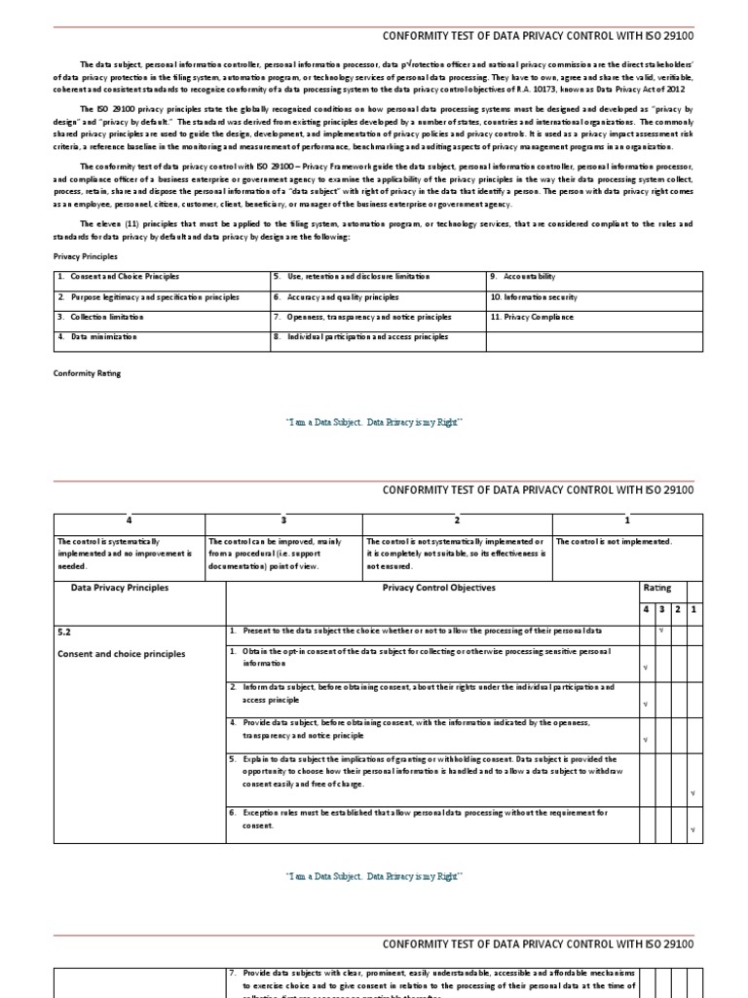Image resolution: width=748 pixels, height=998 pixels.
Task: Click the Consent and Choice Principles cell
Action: click(118, 277)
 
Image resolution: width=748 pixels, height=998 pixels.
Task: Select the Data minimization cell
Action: click(97, 337)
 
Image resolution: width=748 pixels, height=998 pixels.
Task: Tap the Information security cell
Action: click(534, 297)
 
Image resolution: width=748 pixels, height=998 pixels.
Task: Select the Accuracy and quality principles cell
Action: click(336, 297)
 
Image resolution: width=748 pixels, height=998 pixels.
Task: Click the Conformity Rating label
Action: click(87, 372)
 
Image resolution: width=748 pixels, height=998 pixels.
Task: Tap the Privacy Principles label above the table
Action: click(85, 256)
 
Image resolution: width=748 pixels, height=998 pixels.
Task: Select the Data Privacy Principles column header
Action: click(120, 589)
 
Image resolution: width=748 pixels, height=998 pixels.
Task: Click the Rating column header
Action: click(656, 589)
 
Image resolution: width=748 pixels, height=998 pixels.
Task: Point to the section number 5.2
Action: click(64, 633)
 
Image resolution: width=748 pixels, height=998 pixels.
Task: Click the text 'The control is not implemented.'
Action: click(614, 542)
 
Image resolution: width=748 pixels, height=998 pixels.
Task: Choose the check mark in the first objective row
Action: click(661, 631)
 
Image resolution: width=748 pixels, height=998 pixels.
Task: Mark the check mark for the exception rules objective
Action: click(692, 829)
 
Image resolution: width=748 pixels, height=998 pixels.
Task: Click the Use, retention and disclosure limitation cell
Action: click(352, 277)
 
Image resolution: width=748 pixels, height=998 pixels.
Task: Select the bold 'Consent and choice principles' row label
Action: click(121, 654)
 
